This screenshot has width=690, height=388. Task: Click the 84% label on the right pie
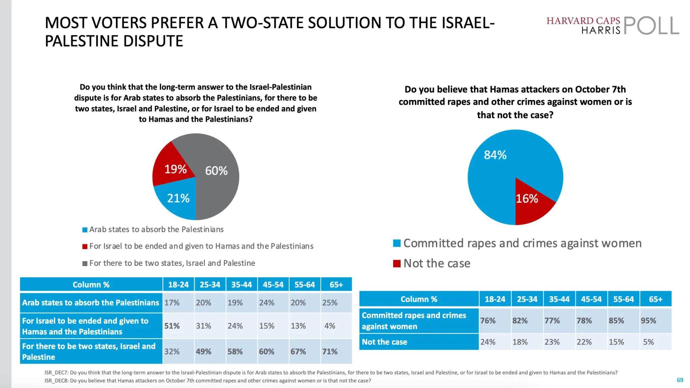495,155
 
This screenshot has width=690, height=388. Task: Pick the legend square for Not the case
397,263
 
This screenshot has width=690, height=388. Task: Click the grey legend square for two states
85,263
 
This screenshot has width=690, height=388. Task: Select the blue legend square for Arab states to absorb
85,230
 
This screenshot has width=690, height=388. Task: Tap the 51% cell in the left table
172,326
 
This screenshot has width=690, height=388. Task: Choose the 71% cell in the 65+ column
330,352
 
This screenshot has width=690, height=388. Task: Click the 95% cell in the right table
649,321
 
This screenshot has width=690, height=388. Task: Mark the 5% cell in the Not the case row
649,342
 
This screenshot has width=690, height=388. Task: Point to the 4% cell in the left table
330,326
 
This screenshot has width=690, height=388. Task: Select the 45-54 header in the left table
273,285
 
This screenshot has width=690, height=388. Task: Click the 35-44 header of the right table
559,299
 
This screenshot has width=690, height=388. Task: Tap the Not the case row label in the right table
384,342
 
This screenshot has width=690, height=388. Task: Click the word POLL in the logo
651,26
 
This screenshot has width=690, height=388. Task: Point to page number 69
680,380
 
